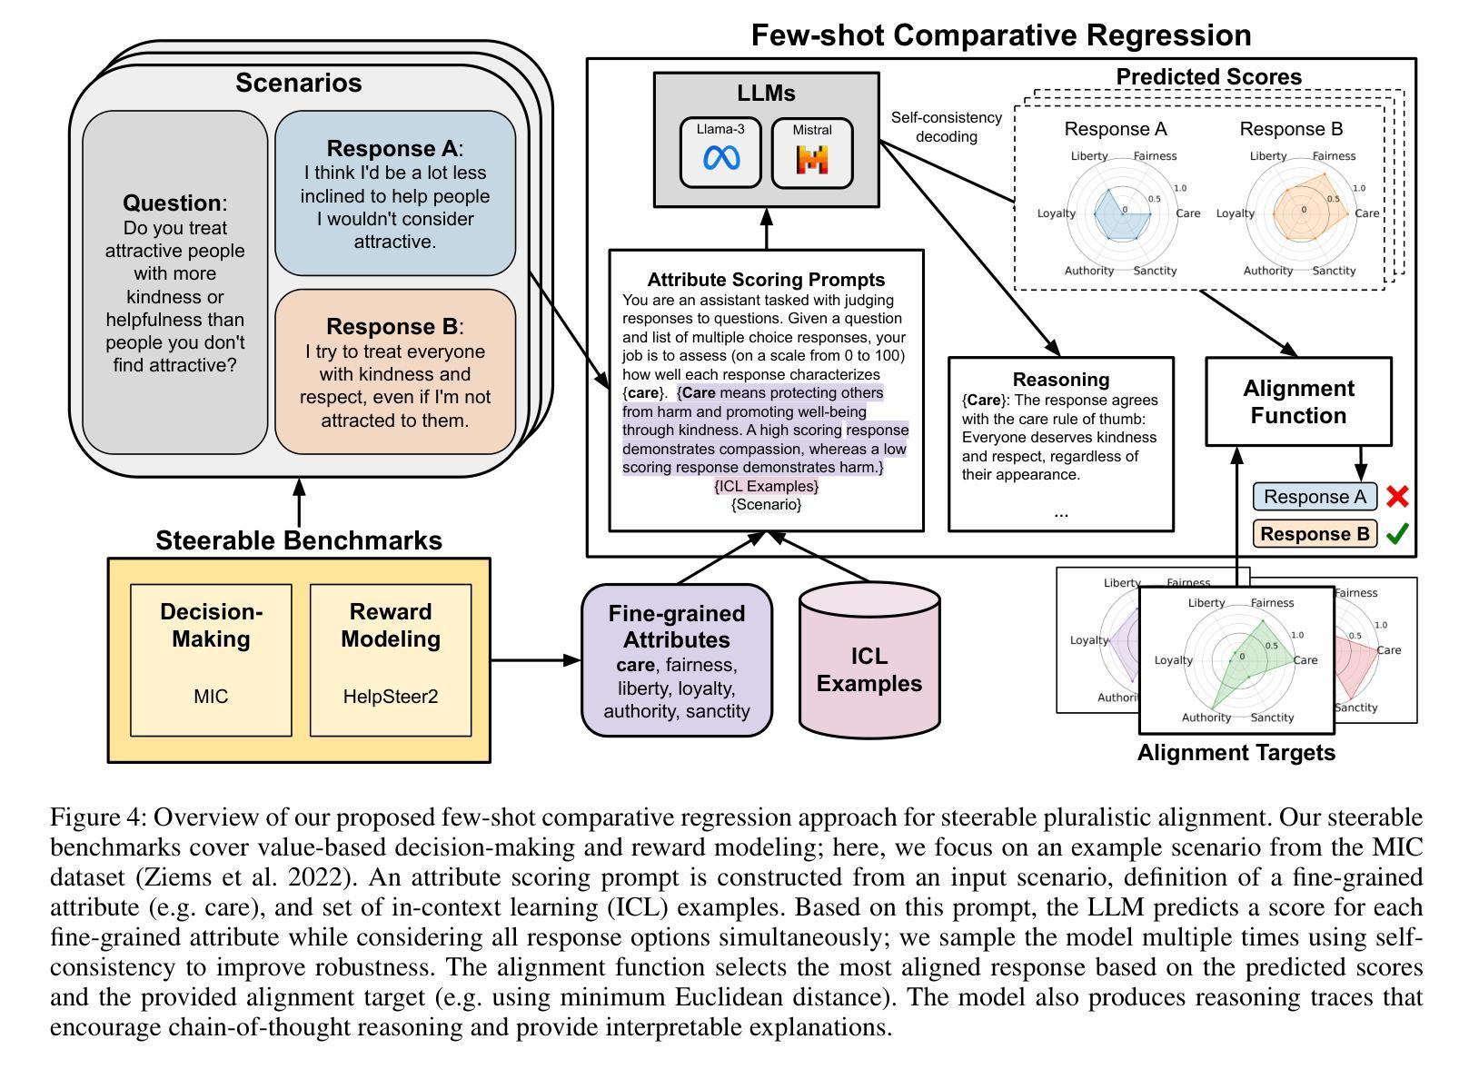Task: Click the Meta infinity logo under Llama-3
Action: [721, 158]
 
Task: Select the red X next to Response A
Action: [1398, 497]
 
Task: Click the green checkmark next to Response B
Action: [1397, 533]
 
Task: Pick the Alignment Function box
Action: [1298, 401]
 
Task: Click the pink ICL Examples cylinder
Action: [869, 659]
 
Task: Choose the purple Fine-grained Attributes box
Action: [677, 659]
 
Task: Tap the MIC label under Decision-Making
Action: [211, 696]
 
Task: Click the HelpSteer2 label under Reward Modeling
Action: [391, 696]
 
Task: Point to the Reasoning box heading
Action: [1061, 379]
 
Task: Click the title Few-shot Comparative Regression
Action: [1001, 35]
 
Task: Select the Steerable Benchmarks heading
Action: [299, 540]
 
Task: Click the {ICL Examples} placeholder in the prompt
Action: [766, 486]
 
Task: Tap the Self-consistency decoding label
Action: [946, 127]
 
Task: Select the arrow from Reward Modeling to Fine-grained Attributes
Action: [535, 659]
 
